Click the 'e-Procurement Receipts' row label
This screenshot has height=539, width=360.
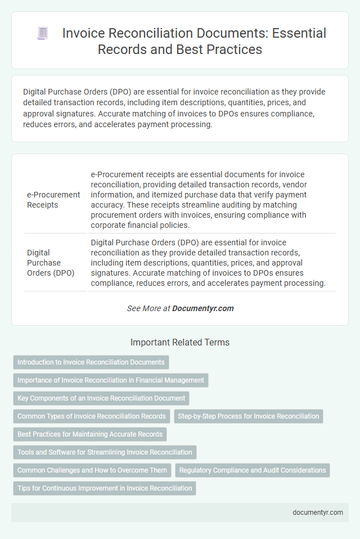(53, 200)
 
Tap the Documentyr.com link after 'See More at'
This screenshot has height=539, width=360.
(202, 308)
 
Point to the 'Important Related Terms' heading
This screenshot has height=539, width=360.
(180, 342)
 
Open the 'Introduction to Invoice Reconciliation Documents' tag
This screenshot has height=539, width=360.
(91, 362)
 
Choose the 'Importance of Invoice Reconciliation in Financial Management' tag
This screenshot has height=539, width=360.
(111, 380)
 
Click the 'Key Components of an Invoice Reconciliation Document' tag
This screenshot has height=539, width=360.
(101, 398)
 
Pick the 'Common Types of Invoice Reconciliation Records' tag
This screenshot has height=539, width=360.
(92, 416)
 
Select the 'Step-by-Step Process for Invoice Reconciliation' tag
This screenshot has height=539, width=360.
(248, 416)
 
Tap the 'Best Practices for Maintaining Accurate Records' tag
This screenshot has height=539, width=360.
(90, 434)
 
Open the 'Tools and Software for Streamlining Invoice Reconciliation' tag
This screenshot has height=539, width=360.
(105, 452)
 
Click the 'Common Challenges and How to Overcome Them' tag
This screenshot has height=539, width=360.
(92, 470)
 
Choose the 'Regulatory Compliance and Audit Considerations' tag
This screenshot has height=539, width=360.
(252, 470)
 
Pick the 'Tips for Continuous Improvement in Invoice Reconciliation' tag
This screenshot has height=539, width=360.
(105, 488)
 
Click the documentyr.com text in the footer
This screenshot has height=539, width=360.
(318, 513)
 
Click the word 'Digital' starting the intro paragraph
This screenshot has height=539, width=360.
(35, 91)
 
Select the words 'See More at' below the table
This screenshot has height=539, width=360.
(148, 308)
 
